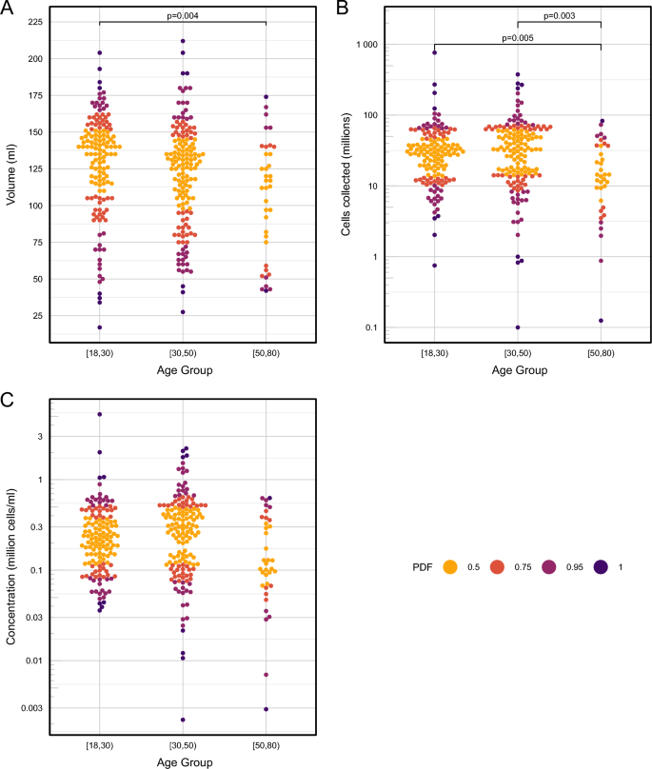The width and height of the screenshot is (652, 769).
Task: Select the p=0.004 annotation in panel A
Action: [183, 15]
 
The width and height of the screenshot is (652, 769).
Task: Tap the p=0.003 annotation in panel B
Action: [560, 15]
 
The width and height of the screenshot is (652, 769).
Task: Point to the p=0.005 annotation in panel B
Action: [518, 38]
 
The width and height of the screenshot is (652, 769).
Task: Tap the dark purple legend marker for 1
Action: [602, 566]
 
